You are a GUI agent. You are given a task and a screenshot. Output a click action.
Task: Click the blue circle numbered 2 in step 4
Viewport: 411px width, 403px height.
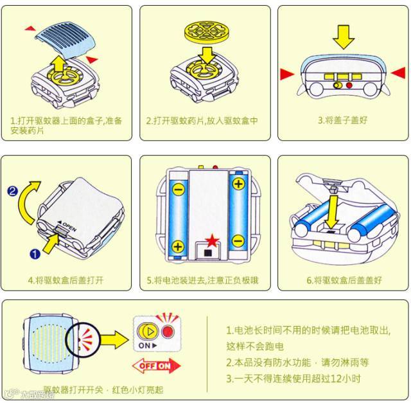coord(12,190)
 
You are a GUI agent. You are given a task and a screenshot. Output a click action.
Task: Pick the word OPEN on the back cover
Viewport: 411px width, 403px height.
coord(69,229)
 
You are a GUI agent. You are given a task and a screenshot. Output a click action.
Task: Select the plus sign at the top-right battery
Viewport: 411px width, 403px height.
coord(238,184)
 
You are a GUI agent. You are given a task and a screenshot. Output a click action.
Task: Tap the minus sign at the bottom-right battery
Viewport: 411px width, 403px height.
coord(238,242)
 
